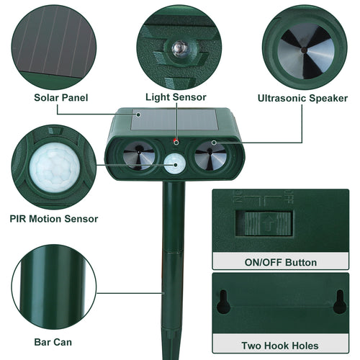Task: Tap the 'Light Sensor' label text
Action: click(176, 97)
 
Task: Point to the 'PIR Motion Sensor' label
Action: click(54, 218)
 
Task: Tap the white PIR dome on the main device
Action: click(174, 163)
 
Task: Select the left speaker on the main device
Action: click(138, 153)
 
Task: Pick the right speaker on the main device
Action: click(210, 153)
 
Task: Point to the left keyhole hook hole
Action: click(223, 302)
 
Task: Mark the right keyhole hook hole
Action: click(338, 302)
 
